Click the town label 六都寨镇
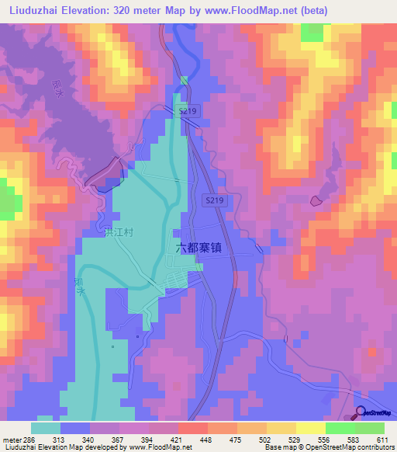(x=198, y=248)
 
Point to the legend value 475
(x=236, y=440)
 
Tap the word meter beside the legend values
(x=9, y=440)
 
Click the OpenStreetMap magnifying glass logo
(x=360, y=412)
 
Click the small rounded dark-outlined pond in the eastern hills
(x=316, y=200)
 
